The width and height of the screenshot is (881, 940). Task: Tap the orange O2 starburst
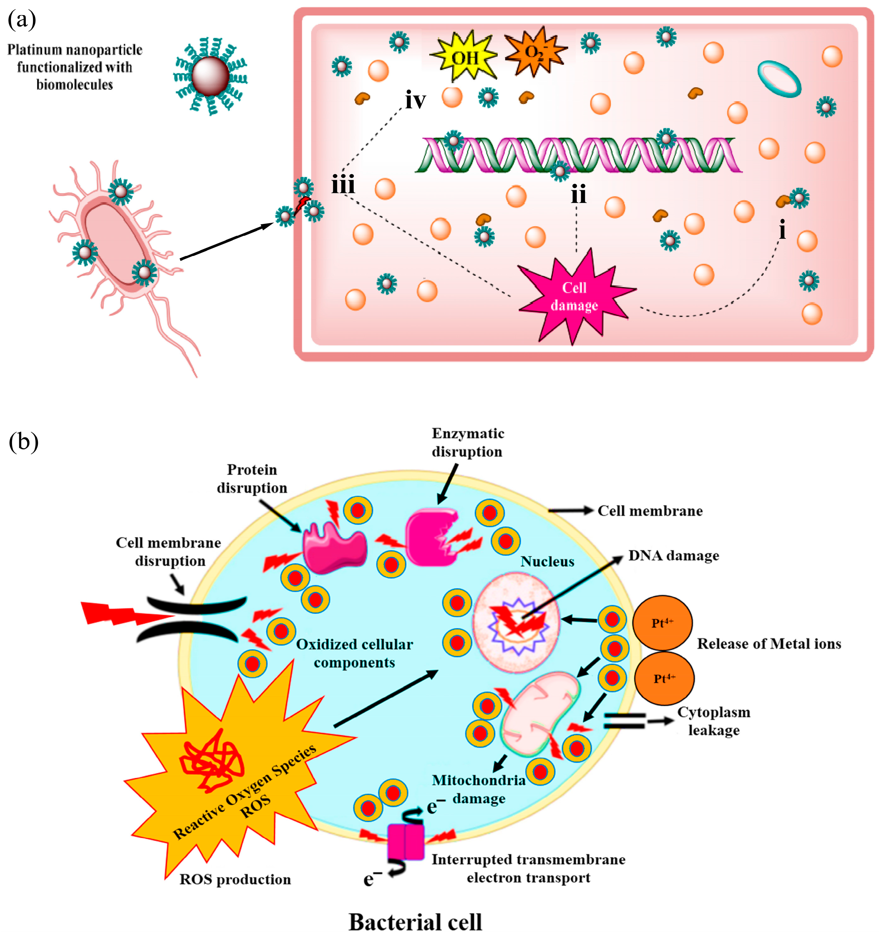(x=536, y=51)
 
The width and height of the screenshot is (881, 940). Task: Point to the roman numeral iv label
(x=415, y=100)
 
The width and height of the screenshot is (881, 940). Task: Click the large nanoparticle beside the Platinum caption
(x=210, y=76)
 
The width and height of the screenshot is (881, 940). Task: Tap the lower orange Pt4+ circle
(x=664, y=678)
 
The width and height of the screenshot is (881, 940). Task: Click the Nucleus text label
(x=547, y=561)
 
